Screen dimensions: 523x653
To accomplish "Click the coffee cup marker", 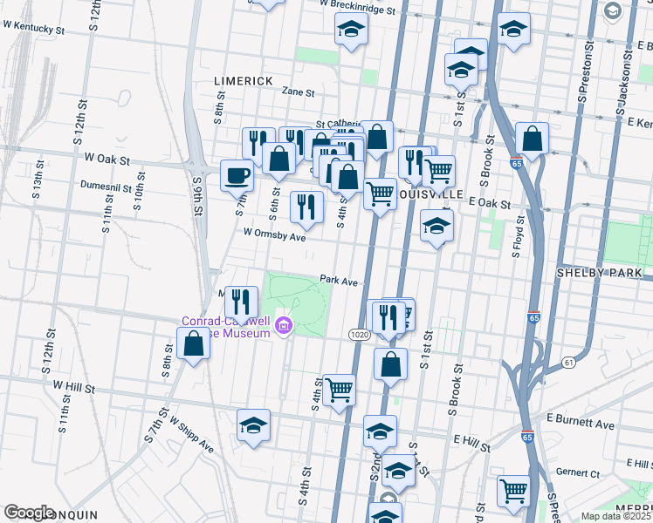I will (237, 176).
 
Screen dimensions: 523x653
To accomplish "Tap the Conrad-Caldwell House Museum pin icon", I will (283, 327).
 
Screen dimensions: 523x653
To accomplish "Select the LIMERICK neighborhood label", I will (244, 80).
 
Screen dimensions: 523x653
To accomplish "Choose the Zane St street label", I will (298, 91).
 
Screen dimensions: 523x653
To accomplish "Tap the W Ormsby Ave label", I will (275, 235).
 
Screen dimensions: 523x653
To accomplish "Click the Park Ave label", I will (339, 282).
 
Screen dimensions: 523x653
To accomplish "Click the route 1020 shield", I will (362, 335).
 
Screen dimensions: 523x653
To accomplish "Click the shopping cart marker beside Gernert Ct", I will (514, 490).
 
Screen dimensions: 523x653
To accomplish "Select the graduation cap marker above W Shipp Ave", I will (254, 425).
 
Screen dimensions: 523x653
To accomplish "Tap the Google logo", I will (29, 513).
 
